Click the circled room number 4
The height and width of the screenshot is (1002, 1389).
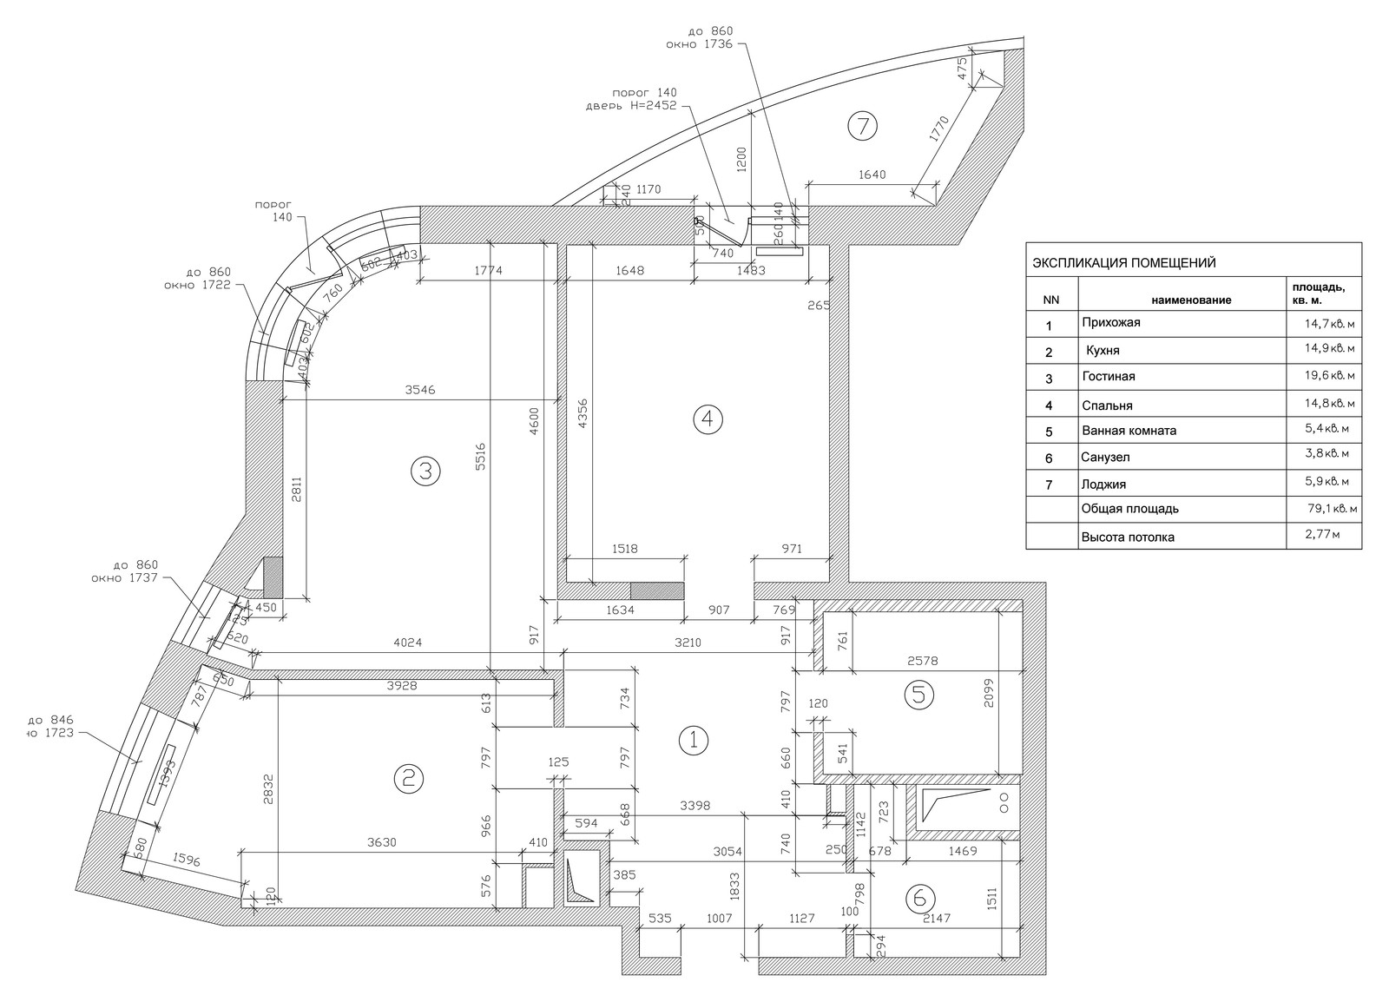[x=708, y=419]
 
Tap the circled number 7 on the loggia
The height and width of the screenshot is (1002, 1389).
[x=862, y=127]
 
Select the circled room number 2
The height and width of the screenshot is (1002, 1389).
[x=408, y=779]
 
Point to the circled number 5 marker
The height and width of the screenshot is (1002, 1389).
[x=918, y=695]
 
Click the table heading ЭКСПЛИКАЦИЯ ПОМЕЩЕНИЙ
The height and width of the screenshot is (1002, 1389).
[x=1123, y=262]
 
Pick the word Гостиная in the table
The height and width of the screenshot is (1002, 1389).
[x=1109, y=377]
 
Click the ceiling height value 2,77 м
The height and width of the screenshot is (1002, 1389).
[x=1322, y=536]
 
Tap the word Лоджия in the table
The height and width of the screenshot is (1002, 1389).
[x=1103, y=485]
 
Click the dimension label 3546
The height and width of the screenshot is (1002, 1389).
[x=420, y=391]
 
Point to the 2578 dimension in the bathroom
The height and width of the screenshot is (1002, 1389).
[x=921, y=661]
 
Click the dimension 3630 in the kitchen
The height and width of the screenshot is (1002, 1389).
[x=383, y=841]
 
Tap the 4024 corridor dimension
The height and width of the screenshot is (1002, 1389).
[x=408, y=643]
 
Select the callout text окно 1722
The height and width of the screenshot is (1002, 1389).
[x=197, y=285]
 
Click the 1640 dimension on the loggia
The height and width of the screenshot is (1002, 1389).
[x=872, y=175]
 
